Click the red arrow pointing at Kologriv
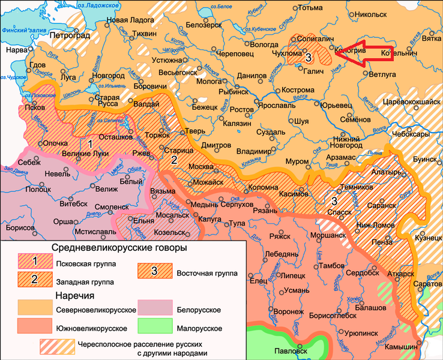363,53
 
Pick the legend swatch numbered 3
154,271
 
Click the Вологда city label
264,44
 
